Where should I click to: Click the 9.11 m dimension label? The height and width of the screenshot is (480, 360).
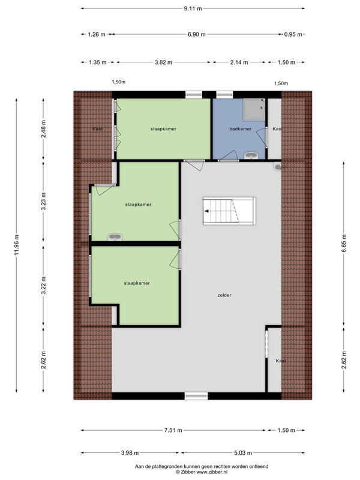coord(193,8)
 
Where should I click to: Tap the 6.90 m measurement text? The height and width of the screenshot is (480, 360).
coord(197,34)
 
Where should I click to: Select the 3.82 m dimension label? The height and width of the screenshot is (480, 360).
coord(163,62)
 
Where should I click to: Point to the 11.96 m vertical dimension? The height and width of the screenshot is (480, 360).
coord(17,245)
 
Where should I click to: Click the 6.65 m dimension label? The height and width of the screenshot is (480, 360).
coord(344,243)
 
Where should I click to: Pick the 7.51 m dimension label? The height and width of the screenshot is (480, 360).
coord(173,430)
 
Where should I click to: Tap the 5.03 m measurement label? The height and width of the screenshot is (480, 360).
coord(243,453)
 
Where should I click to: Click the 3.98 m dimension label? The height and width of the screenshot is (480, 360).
coord(130,453)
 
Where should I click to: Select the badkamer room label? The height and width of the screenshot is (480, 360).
coord(241,129)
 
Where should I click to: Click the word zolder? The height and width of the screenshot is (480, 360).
coord(224,295)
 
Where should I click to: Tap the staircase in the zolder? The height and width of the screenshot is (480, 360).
coord(229,211)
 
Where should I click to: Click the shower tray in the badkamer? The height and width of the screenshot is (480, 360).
coord(254,110)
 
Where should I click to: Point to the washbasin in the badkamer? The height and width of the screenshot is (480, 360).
coord(251,156)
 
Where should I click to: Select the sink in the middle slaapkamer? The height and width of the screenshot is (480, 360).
coord(115,237)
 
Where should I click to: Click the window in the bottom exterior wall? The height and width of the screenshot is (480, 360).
coord(196,396)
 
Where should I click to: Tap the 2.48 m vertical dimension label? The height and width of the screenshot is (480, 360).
coord(43,128)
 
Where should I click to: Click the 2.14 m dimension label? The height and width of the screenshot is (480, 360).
coord(239,62)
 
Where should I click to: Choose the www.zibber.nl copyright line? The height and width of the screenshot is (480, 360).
coord(202,472)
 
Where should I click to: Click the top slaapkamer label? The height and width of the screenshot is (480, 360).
coord(163,129)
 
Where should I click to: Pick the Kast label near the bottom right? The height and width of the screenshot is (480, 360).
coord(280,361)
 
